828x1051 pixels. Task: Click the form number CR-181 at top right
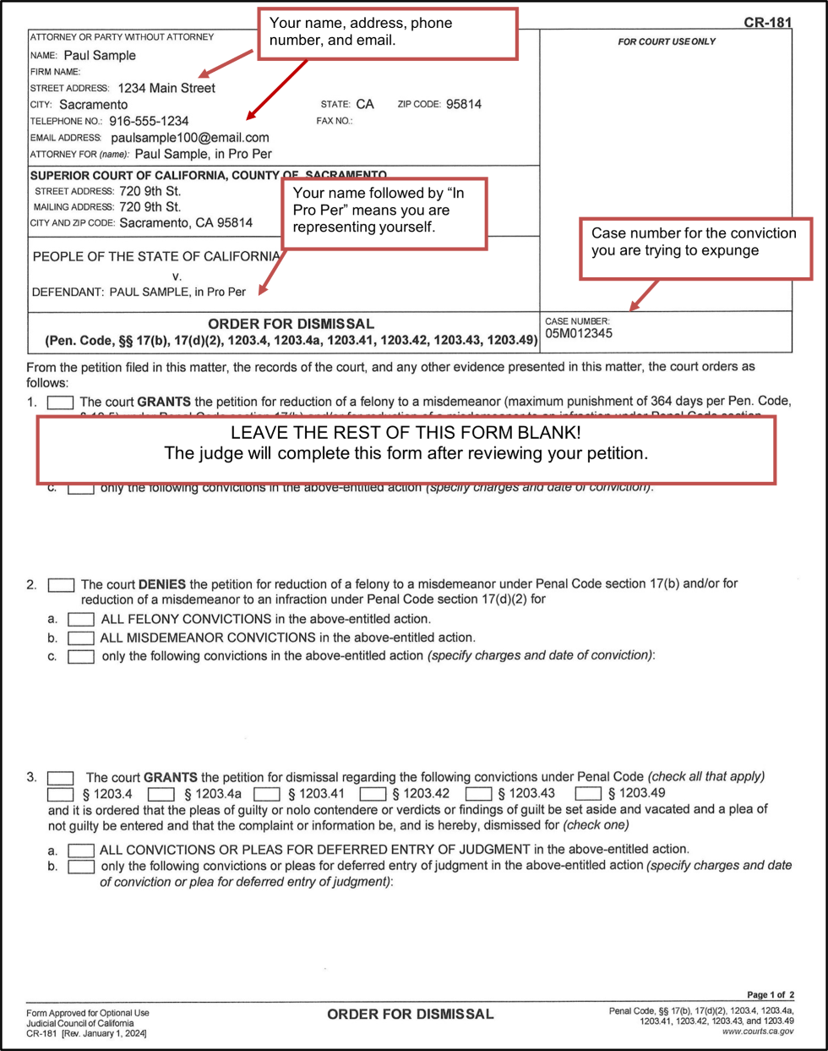767,23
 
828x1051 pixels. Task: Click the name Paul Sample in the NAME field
100,56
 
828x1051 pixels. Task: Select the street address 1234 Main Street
166,88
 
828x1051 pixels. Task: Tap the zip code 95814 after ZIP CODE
464,104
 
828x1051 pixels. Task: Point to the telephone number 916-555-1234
149,121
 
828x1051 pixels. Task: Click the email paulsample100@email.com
190,137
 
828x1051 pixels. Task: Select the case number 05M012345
579,334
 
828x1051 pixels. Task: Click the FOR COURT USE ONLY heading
667,41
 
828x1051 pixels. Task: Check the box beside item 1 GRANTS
60,402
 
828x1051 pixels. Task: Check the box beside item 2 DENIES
61,585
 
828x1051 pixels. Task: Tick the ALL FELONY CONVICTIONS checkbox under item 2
81,620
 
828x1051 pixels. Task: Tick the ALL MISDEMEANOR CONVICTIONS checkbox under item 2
81,638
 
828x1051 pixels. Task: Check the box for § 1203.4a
161,794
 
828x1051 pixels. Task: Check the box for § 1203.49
588,794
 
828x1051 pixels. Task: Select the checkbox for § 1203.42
373,794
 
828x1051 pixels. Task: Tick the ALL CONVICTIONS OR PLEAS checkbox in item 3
81,850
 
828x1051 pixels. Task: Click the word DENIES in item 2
162,584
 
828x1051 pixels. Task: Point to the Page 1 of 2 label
770,995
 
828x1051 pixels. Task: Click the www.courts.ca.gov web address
758,1032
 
